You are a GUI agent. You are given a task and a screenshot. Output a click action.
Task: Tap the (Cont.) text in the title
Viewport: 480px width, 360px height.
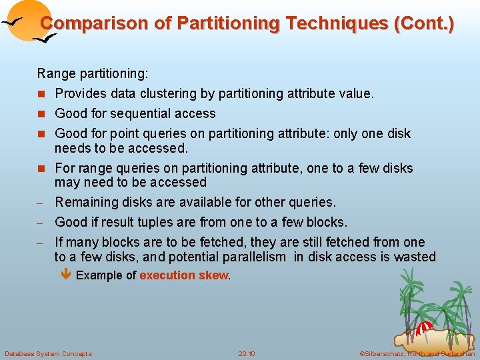[x=424, y=23]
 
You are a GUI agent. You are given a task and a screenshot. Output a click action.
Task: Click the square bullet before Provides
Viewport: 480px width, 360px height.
[x=41, y=94]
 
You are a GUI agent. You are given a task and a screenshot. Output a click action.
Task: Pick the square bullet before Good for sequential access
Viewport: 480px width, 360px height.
[x=41, y=114]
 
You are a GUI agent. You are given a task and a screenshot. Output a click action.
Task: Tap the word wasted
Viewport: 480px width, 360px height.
[x=415, y=257]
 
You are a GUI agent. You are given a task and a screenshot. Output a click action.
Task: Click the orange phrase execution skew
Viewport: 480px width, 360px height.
[x=183, y=275]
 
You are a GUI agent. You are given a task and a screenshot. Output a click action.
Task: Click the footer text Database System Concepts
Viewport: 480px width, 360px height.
[x=48, y=353]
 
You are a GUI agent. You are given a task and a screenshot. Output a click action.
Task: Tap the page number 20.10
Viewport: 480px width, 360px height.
[x=246, y=353]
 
